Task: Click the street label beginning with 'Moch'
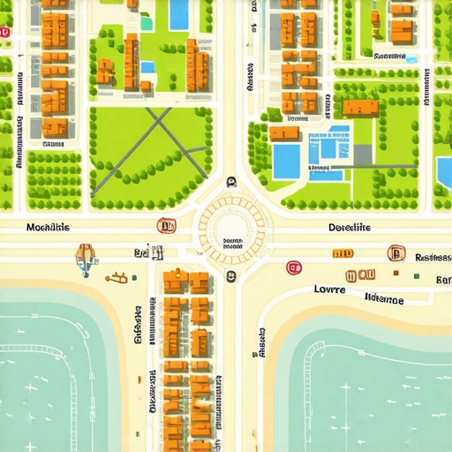(49, 228)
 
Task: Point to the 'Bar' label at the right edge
(442, 280)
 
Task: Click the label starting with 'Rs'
(433, 258)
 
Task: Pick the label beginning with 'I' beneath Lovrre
(383, 300)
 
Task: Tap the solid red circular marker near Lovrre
(293, 267)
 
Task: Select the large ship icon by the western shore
(85, 257)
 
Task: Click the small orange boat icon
(115, 279)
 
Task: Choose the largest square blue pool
(287, 161)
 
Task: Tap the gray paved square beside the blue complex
(362, 154)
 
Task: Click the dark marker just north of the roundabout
(231, 182)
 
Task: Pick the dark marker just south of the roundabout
(231, 277)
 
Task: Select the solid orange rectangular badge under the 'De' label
(342, 253)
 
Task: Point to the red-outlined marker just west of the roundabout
(162, 226)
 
